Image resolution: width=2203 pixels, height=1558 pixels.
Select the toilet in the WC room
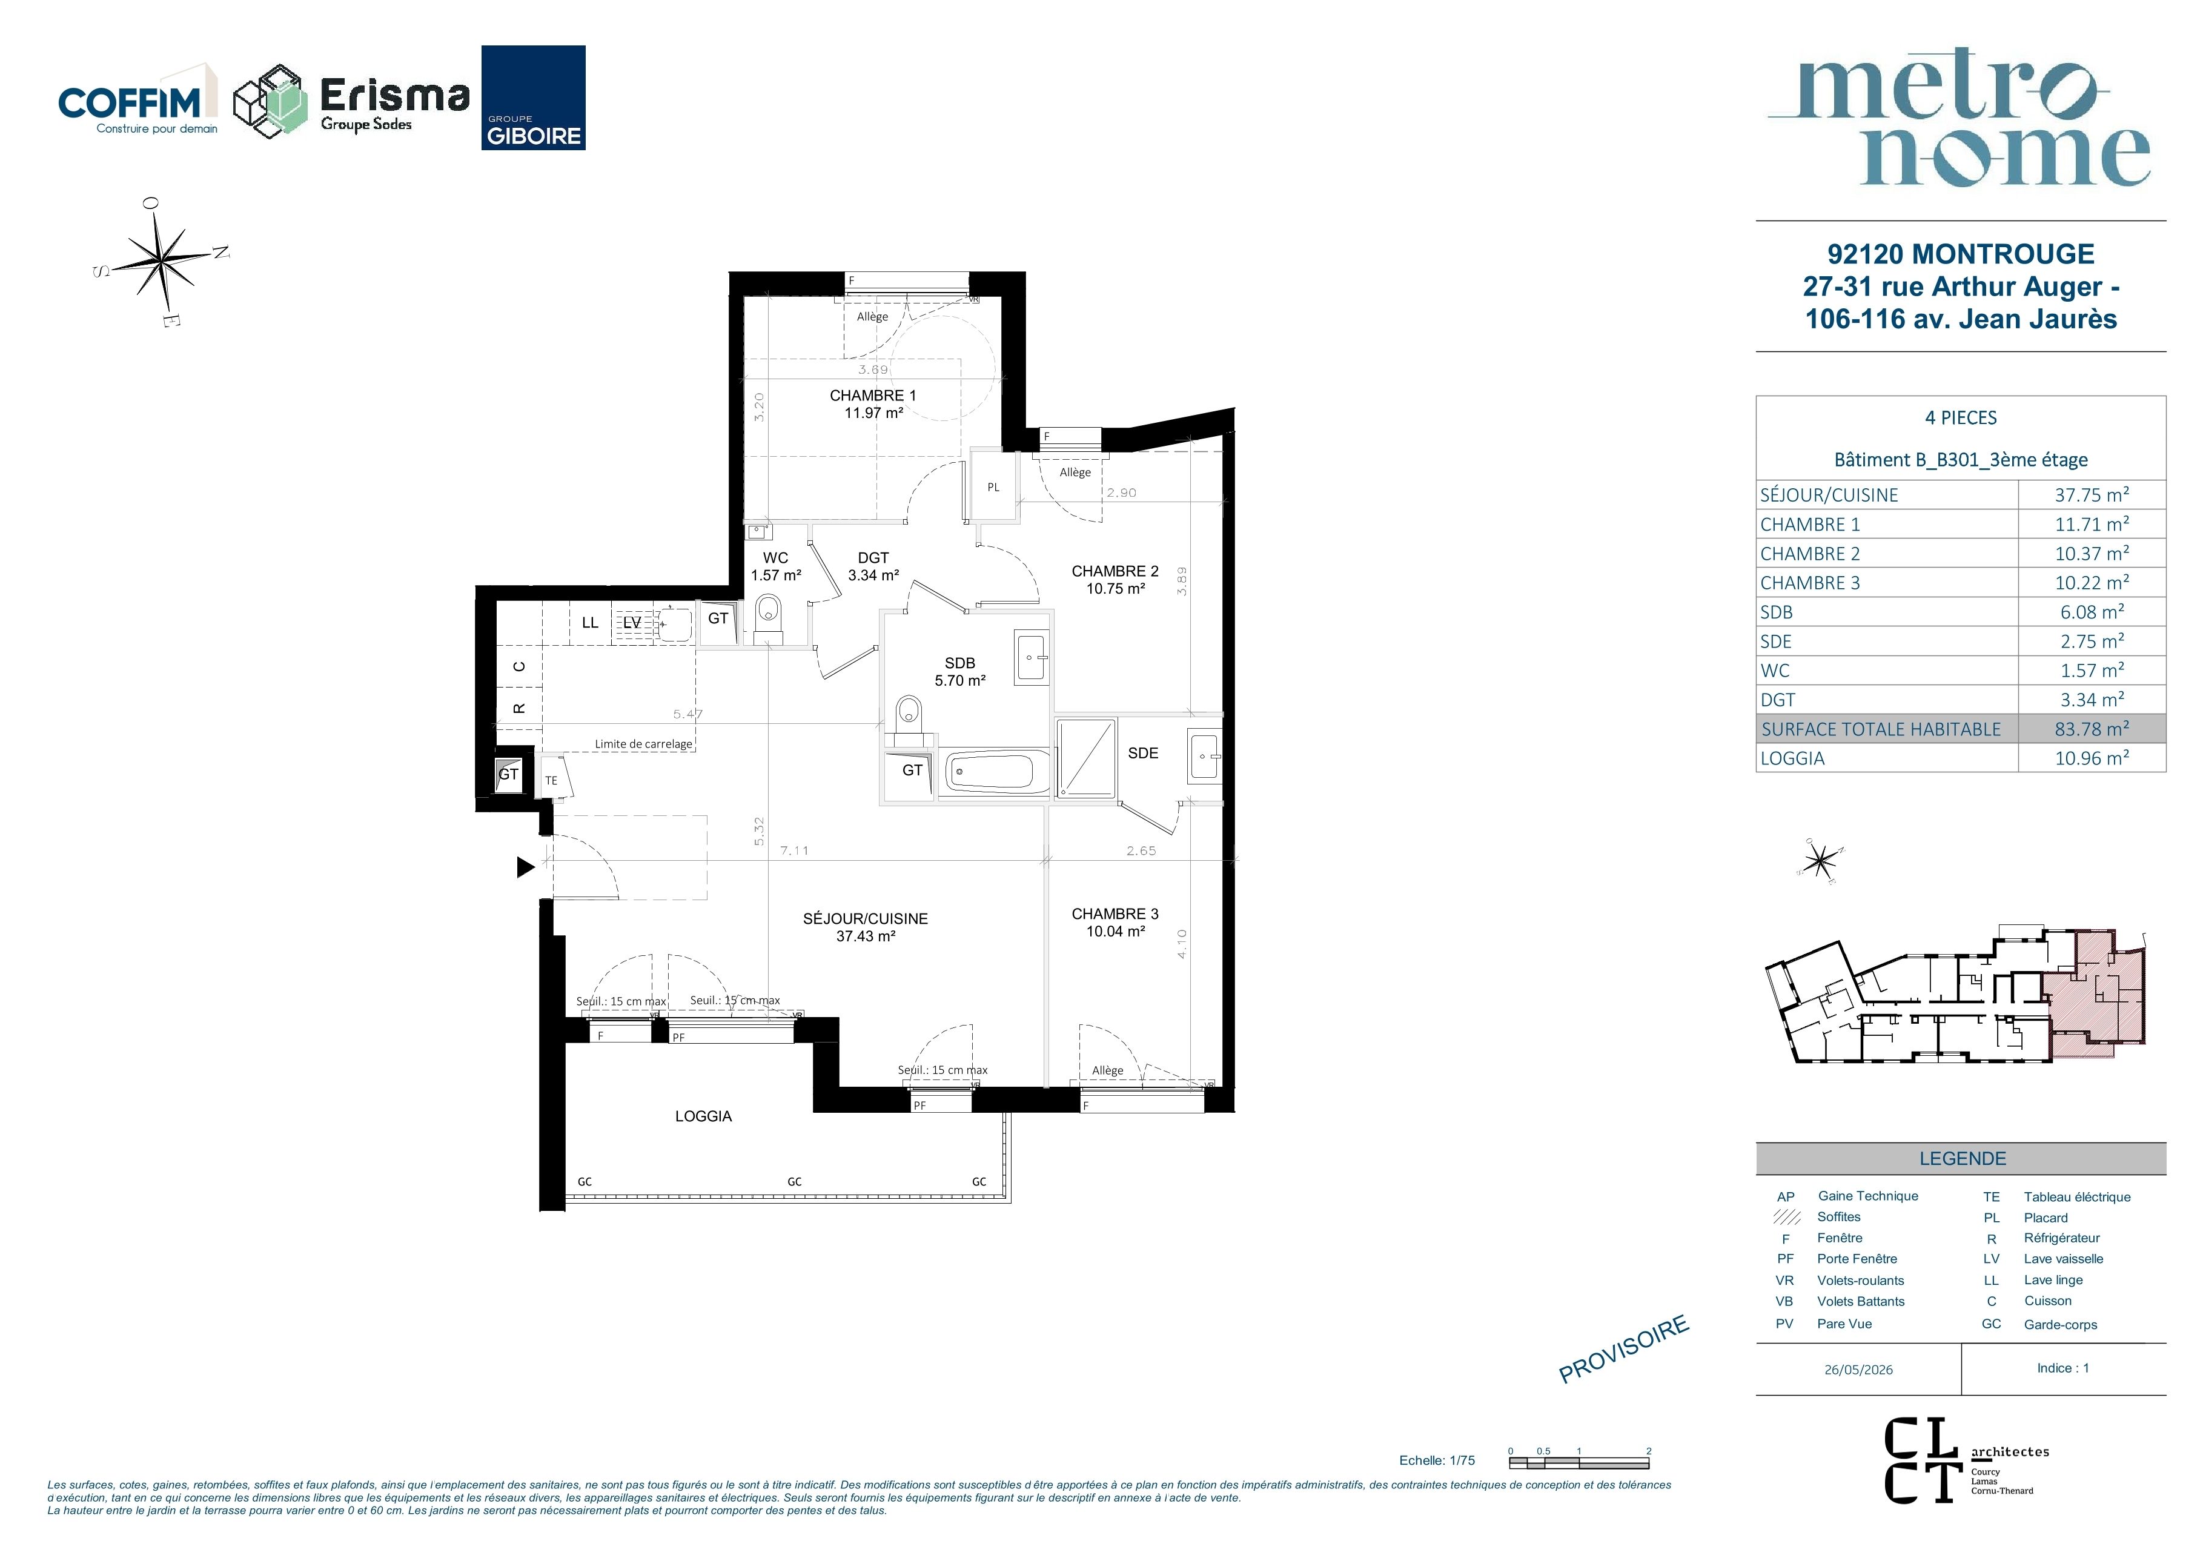point(769,619)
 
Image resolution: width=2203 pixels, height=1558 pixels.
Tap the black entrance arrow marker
point(526,867)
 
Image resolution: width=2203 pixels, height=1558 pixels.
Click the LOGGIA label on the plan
point(703,1116)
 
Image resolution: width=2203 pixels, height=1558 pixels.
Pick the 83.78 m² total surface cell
point(2092,728)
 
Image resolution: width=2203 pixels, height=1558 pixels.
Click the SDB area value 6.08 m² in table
point(2092,611)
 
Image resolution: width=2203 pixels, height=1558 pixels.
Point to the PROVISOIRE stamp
point(1623,1349)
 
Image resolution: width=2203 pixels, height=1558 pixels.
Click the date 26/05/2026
point(1858,1369)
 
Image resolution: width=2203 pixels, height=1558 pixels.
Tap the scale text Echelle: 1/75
point(1436,1460)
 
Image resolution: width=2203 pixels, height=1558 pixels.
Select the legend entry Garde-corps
point(2060,1324)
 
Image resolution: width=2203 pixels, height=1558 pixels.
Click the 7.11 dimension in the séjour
point(795,850)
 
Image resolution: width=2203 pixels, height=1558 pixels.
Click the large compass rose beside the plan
point(161,259)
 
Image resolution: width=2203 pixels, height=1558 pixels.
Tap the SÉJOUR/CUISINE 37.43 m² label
point(866,927)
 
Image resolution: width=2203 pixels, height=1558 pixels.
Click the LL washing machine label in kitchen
point(590,623)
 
